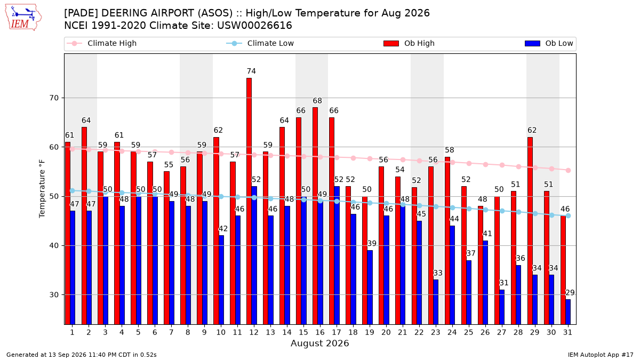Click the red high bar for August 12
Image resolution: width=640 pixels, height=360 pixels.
coord(249,201)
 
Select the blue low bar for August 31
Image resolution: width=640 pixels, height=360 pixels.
coord(567,311)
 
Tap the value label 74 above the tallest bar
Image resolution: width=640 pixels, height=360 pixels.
coord(251,71)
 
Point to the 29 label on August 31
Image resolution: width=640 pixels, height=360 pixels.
coord(570,293)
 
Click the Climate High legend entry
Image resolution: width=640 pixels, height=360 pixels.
coord(102,43)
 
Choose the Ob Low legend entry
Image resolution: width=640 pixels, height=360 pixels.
coord(549,43)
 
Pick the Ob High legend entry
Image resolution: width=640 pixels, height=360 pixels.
coord(409,43)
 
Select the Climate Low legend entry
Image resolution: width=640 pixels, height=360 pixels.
coord(260,43)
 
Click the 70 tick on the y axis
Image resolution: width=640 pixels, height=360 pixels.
coord(54,98)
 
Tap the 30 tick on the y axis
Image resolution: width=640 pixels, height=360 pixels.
coord(54,294)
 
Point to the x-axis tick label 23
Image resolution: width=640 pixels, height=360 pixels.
coord(435,332)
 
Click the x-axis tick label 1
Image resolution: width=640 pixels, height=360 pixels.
coord(72,332)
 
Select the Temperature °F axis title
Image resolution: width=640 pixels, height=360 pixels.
coord(42,189)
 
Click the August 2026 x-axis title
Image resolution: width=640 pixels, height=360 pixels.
coord(319,343)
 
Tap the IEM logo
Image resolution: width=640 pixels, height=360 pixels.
coord(23,17)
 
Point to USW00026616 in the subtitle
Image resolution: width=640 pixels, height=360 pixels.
coord(254,26)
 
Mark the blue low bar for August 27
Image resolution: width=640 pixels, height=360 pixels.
coord(502,307)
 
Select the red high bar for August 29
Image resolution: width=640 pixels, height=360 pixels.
coord(530,230)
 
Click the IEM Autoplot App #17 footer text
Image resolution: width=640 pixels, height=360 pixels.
coord(601,355)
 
